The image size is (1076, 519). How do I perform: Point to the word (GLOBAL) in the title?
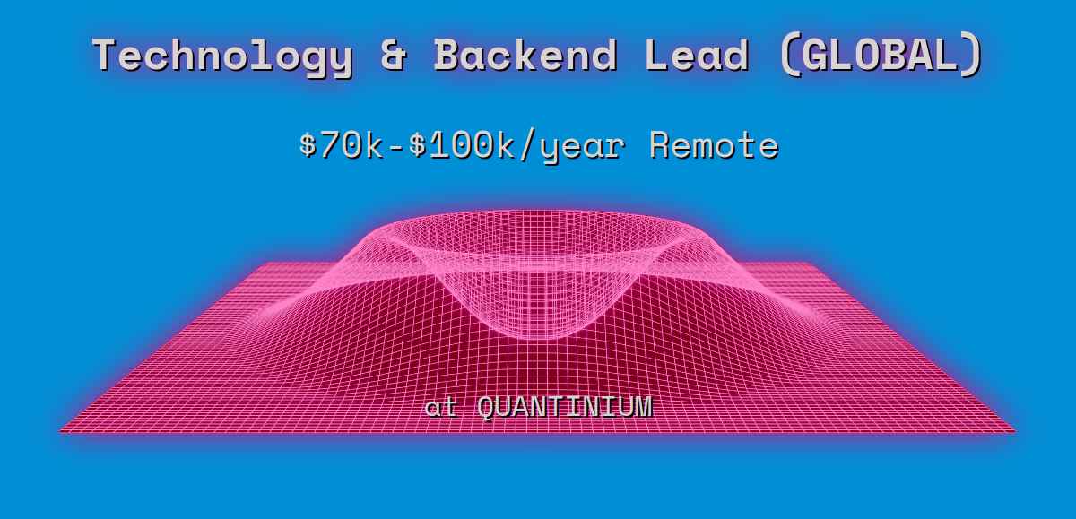882,56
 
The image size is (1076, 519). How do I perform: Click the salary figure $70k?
342,144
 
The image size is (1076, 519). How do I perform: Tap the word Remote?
713,144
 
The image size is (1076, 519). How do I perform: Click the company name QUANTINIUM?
564,407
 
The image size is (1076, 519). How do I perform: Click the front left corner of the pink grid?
62,431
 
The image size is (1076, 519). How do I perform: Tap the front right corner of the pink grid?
1014,431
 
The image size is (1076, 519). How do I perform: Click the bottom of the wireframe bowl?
538,335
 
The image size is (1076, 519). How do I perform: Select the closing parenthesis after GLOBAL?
972,56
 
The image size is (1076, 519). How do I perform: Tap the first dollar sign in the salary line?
308,144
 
